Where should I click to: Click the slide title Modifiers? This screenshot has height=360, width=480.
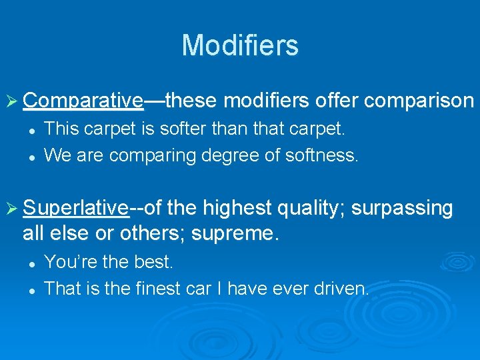click(x=240, y=45)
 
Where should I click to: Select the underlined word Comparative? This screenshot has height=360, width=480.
click(x=82, y=101)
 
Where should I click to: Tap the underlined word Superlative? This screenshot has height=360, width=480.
click(x=75, y=208)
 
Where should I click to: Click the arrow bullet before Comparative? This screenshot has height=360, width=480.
click(x=13, y=101)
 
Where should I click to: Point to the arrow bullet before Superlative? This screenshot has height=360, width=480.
click(x=13, y=208)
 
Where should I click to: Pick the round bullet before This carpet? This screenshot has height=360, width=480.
click(x=31, y=128)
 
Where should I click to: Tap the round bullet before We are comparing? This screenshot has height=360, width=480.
click(x=31, y=156)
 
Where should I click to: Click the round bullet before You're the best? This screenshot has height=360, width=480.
click(x=31, y=263)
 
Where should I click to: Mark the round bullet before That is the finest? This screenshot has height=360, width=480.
click(x=31, y=290)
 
